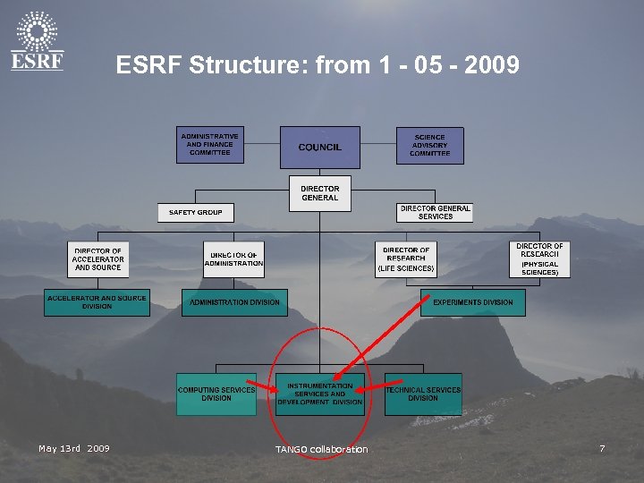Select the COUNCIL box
(x=319, y=147)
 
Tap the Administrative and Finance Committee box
(x=209, y=145)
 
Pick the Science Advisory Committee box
(x=429, y=145)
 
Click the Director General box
(x=319, y=193)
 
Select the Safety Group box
(x=196, y=213)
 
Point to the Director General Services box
(x=435, y=212)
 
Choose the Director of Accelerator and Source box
(x=98, y=259)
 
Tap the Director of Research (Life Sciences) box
(x=406, y=259)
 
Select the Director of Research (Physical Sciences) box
(x=539, y=258)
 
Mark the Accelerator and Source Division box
(x=97, y=302)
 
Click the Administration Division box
(x=234, y=302)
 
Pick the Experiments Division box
(x=473, y=302)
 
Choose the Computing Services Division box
(x=216, y=394)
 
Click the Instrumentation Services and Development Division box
(x=319, y=394)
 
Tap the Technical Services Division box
(x=423, y=394)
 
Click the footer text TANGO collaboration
(x=321, y=449)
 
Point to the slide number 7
(x=602, y=448)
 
